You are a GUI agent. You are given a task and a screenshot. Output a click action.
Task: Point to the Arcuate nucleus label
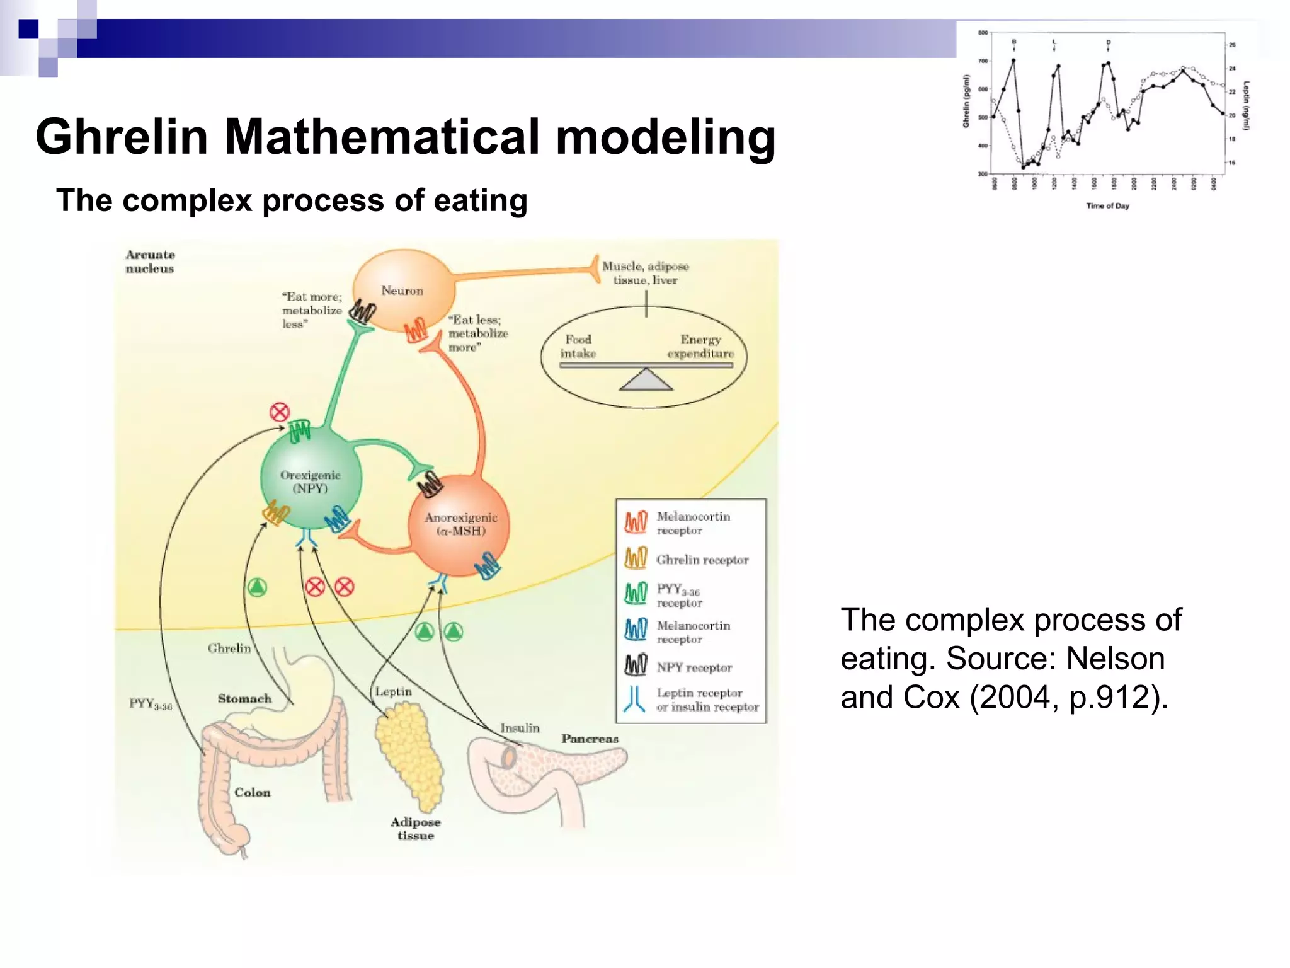[x=150, y=262]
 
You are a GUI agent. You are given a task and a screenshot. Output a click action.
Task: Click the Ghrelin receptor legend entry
[x=702, y=560]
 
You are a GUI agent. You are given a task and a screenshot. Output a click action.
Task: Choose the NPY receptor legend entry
[x=694, y=667]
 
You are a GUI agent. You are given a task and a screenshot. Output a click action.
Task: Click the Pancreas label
[x=590, y=739]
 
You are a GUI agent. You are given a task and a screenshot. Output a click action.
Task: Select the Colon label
[x=253, y=792]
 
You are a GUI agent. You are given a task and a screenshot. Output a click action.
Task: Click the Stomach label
[x=244, y=698]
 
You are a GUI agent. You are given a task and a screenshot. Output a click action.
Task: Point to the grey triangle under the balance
[x=646, y=381]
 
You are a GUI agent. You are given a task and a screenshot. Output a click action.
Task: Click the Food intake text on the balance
[x=578, y=347]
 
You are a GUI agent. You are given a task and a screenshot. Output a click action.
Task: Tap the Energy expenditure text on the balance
[x=700, y=347]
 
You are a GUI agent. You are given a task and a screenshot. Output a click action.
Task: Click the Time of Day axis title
[x=1107, y=205]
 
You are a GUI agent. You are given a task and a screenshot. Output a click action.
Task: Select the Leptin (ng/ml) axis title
[x=1247, y=105]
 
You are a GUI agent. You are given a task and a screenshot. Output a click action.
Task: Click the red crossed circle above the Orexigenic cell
[x=280, y=413]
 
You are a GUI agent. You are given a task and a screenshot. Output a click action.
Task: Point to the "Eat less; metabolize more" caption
[x=477, y=333]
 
